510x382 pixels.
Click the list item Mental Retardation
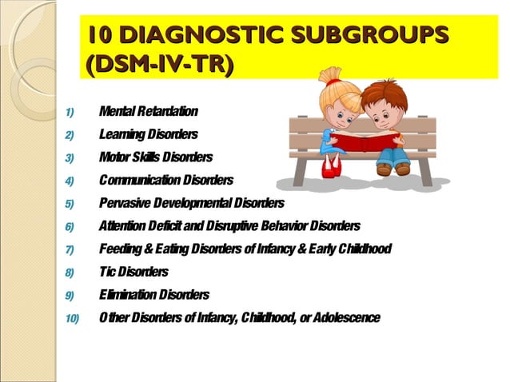[148, 110]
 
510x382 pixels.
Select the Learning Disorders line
[148, 133]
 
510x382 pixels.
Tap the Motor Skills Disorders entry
[156, 157]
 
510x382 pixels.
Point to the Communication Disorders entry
[165, 180]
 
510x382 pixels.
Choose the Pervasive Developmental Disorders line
[191, 203]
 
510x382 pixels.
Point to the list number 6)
[69, 226]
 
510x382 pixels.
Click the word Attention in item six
[122, 226]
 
